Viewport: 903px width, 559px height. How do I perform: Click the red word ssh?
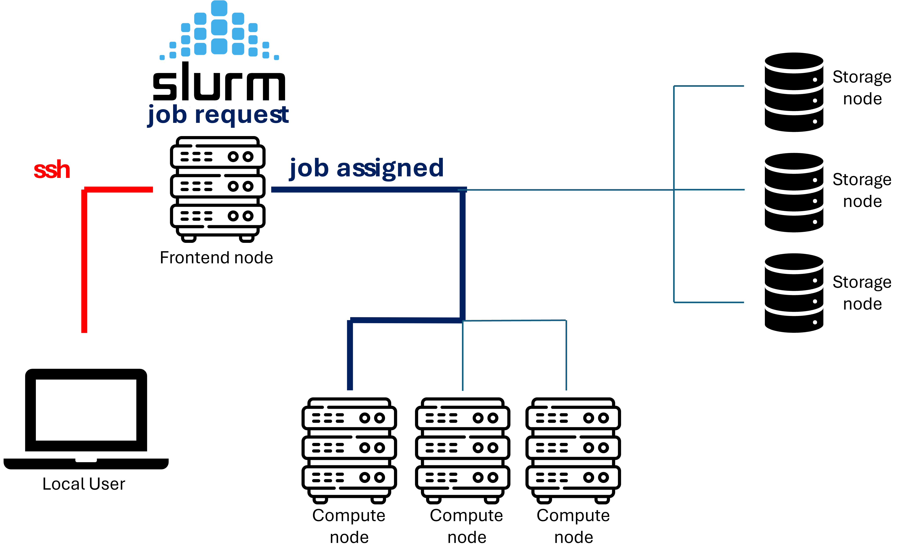pyautogui.click(x=52, y=170)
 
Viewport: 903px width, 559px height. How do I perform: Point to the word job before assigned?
pyautogui.click(x=309, y=168)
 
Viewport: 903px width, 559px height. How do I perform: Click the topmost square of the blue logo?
pyautogui.click(x=219, y=8)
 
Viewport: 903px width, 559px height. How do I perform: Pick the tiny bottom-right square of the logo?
pyautogui.click(x=276, y=57)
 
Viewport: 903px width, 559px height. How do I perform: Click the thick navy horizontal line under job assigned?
pyautogui.click(x=366, y=190)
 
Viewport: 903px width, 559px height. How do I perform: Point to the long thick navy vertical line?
pyautogui.click(x=462, y=255)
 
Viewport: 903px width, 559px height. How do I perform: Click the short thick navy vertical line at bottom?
pyautogui.click(x=350, y=355)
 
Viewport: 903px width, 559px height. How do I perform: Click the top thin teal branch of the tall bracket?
pyautogui.click(x=709, y=86)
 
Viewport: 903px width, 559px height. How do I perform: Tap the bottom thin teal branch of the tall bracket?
pyautogui.click(x=709, y=303)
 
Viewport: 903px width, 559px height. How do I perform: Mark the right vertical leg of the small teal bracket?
pyautogui.click(x=566, y=355)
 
